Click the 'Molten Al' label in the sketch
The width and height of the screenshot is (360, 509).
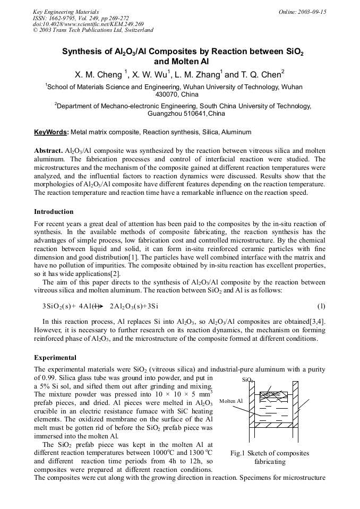231,401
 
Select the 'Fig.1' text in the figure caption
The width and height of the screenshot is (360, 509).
237,453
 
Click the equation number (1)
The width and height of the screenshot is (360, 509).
321,306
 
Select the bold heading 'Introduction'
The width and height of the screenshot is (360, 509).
54,212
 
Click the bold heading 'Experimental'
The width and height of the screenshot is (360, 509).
55,357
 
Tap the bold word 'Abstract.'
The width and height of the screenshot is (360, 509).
48,151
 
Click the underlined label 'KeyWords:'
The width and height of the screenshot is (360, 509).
51,132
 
